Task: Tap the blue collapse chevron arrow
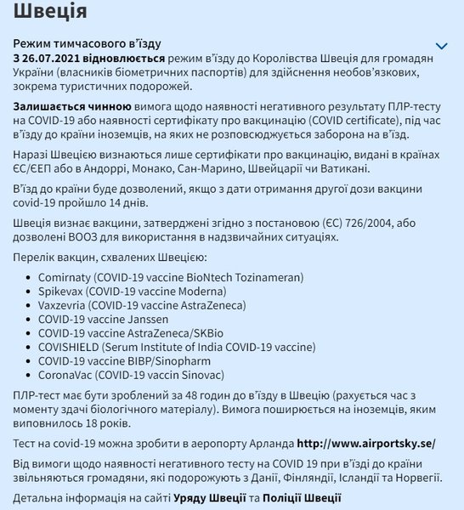pyautogui.click(x=441, y=46)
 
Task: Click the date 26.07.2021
pyautogui.click(x=55, y=55)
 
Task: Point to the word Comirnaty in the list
pyautogui.click(x=65, y=277)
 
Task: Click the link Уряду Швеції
pyautogui.click(x=214, y=499)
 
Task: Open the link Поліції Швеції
pyautogui.click(x=303, y=499)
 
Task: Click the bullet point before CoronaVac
pyautogui.click(x=29, y=375)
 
